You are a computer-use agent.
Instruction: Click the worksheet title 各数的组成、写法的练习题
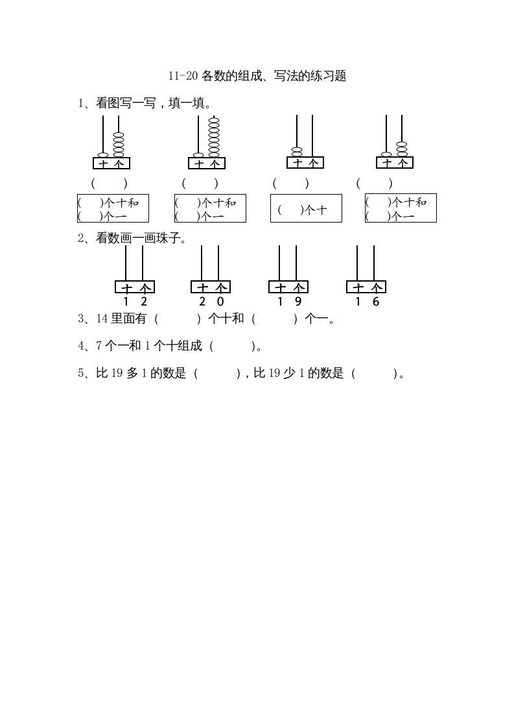coord(257,76)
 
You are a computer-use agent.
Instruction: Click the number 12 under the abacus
coord(135,301)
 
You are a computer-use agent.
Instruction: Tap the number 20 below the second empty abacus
coord(211,301)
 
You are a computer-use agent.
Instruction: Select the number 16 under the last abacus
coord(367,301)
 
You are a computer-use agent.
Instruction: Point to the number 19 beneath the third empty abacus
coord(289,301)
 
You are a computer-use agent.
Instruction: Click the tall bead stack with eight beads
coord(214,137)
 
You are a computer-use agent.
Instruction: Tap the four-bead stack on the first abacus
coord(119,144)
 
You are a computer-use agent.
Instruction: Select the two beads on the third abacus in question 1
coord(297,152)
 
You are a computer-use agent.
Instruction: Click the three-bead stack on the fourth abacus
coord(402,149)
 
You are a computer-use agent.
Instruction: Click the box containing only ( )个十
coord(306,208)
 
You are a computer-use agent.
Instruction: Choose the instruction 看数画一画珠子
coord(133,238)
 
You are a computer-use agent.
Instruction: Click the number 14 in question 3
coord(102,319)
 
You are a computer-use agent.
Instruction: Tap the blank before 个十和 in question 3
coord(178,319)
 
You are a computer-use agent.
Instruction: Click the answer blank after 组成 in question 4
coord(233,346)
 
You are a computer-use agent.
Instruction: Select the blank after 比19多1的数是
coord(217,373)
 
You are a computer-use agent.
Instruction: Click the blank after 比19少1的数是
coord(375,373)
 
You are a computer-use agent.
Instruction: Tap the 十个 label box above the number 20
coord(211,287)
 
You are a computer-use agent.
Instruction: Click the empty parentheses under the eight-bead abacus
coord(200,183)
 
